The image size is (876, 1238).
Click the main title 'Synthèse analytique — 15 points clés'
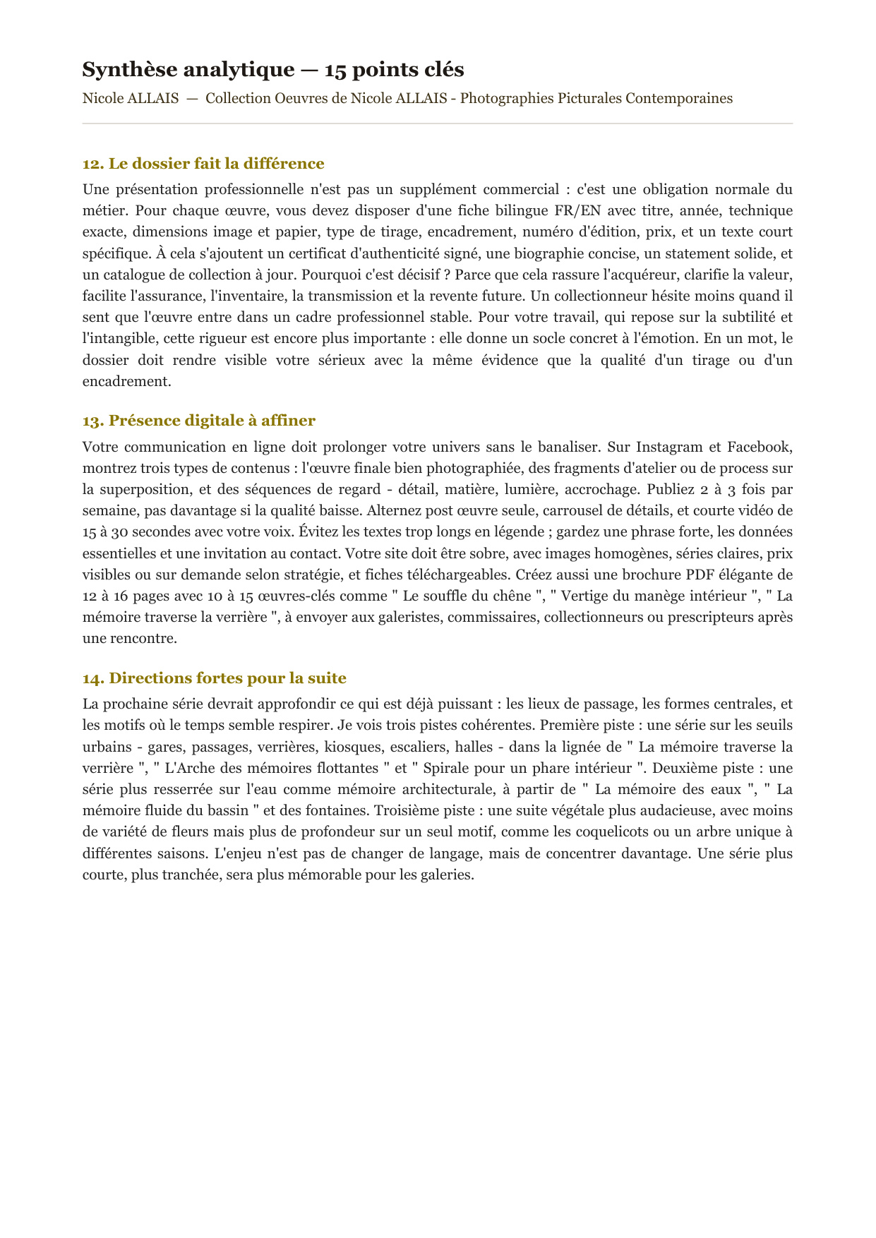coord(273,70)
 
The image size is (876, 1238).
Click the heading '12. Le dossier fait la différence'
coord(203,164)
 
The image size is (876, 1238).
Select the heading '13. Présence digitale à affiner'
coord(198,421)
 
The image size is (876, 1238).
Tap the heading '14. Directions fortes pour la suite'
coord(214,678)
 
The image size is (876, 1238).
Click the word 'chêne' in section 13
coord(512,596)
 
